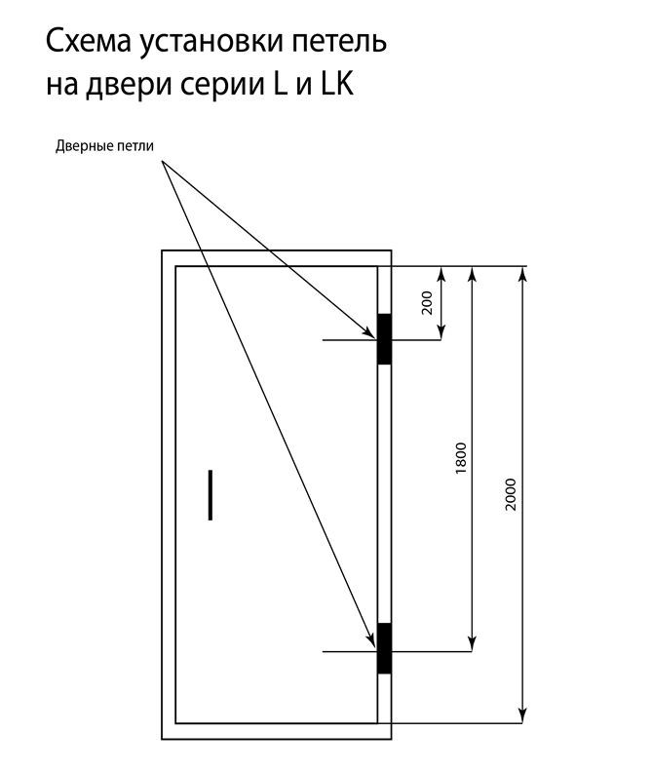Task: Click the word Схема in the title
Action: [x=89, y=41]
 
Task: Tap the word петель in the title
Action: [x=340, y=41]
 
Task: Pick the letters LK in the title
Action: [x=337, y=84]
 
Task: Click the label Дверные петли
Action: [x=104, y=146]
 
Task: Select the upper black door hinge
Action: [x=384, y=339]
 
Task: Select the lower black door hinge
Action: [x=384, y=648]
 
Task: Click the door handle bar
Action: [x=211, y=494]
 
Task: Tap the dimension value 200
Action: [x=427, y=303]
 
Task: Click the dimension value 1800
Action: [x=461, y=458]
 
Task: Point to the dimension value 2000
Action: [x=511, y=494]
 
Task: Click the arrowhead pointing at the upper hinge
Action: [x=369, y=332]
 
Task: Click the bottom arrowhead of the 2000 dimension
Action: [x=522, y=714]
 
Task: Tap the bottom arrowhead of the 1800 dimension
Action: [x=472, y=642]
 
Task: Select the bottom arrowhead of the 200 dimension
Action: [x=441, y=331]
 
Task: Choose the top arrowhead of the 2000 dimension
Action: [x=522, y=275]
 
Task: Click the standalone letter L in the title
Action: [x=282, y=84]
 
